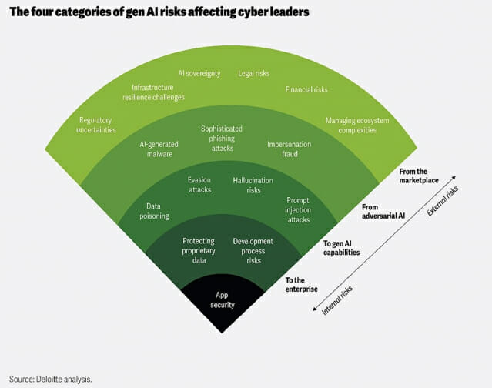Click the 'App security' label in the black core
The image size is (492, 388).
click(x=223, y=300)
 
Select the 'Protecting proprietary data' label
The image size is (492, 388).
click(x=199, y=251)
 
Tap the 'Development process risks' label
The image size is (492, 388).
click(x=253, y=251)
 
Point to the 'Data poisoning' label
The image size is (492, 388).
click(x=154, y=211)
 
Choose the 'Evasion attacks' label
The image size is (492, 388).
click(x=199, y=185)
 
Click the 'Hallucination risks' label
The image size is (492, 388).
click(x=253, y=185)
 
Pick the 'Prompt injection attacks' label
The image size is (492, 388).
click(x=298, y=210)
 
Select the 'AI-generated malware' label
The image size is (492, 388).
click(x=159, y=149)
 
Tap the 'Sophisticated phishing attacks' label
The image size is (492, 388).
click(x=222, y=139)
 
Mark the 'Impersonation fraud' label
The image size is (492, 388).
click(x=290, y=149)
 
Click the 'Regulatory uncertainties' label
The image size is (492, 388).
click(x=96, y=125)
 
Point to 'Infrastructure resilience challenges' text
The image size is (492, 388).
click(x=153, y=92)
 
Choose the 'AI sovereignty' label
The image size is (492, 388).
click(x=199, y=73)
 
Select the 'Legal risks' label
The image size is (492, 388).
click(x=254, y=73)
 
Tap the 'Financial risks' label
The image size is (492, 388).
click(x=306, y=90)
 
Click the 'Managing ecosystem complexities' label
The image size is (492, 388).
click(x=357, y=125)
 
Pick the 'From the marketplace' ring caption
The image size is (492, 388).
click(x=419, y=176)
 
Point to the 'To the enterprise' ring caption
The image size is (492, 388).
click(x=302, y=285)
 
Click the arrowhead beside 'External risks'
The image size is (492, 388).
click(x=454, y=178)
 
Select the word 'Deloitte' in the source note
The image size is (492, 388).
click(x=49, y=380)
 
